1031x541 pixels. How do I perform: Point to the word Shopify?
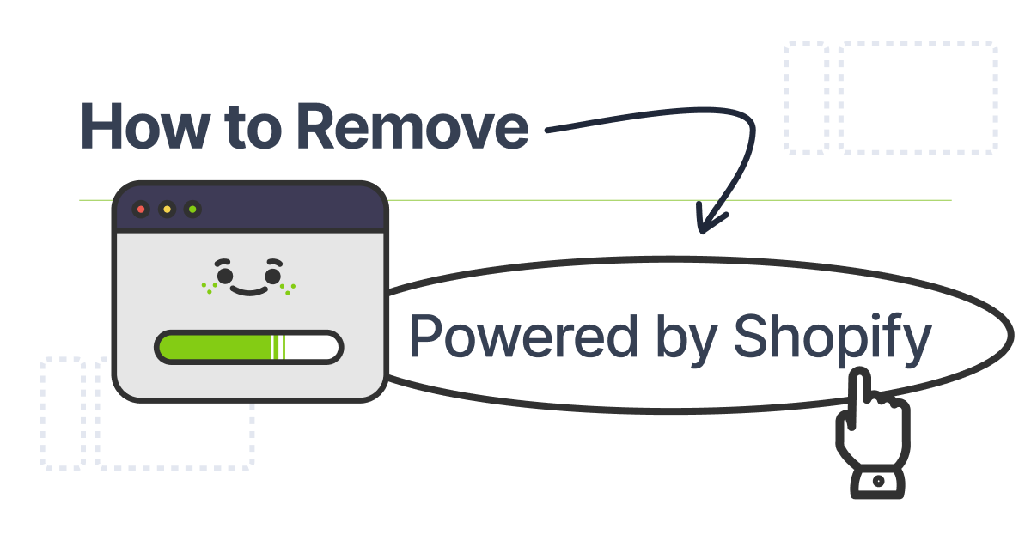(x=832, y=337)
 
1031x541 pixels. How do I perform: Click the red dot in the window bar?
(x=141, y=209)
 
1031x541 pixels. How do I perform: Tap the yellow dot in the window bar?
(x=167, y=209)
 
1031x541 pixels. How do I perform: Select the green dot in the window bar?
(x=192, y=209)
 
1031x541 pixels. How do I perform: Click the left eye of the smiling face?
(x=225, y=276)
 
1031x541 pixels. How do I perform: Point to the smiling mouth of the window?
(x=249, y=290)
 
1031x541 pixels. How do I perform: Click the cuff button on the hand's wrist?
(x=877, y=482)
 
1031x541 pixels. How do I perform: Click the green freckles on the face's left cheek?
(x=207, y=288)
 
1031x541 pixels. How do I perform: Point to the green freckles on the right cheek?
(x=291, y=288)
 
